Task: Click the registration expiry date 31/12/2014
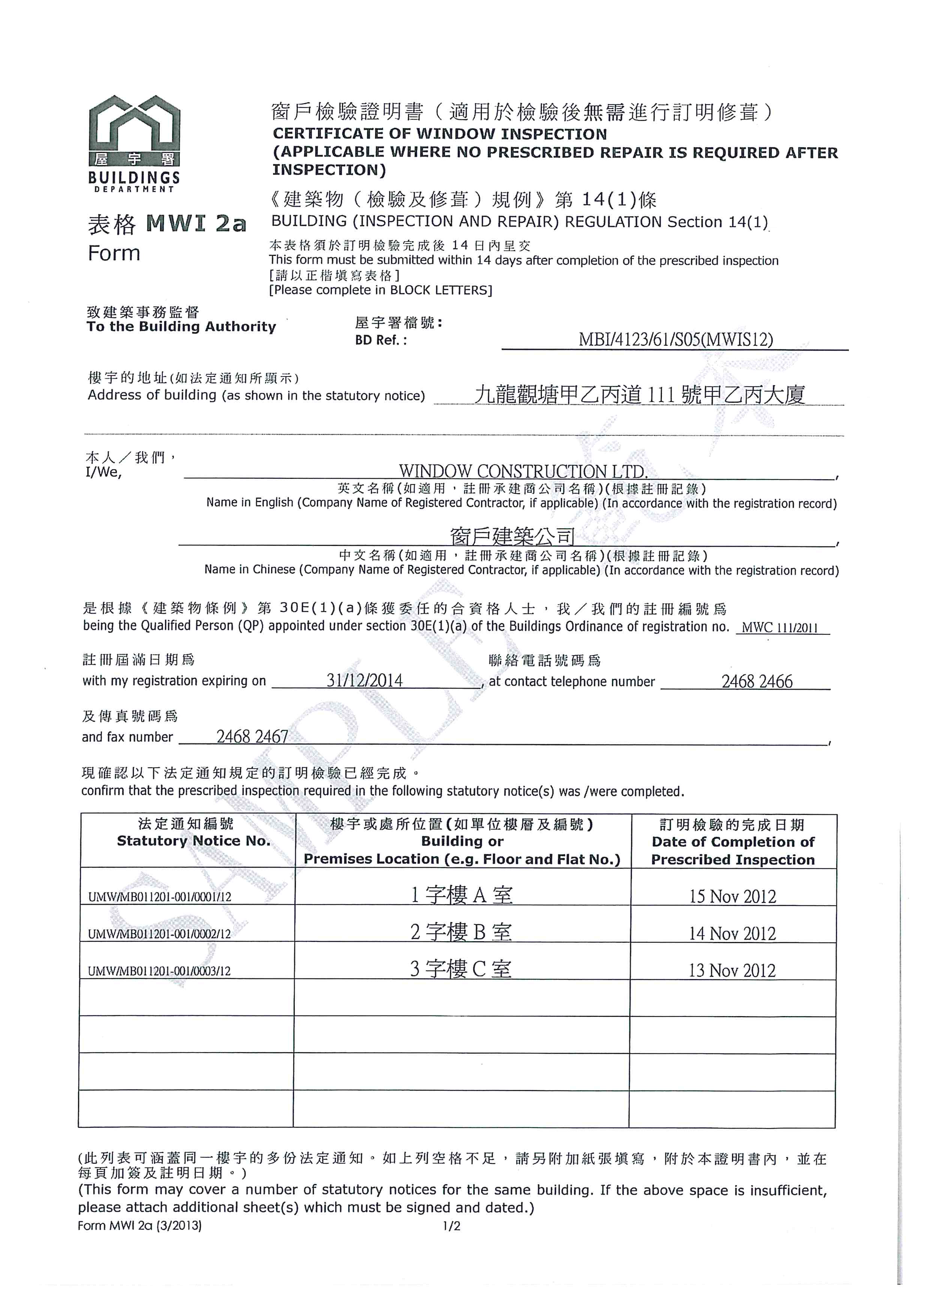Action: click(x=364, y=680)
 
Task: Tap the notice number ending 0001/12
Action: click(x=160, y=897)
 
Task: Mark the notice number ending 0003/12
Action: click(x=159, y=971)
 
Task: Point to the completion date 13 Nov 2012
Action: click(x=732, y=971)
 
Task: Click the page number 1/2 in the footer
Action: click(x=451, y=1226)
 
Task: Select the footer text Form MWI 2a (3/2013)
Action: click(x=140, y=1226)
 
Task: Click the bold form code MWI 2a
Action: click(x=196, y=223)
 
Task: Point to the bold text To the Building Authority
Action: click(x=181, y=327)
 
